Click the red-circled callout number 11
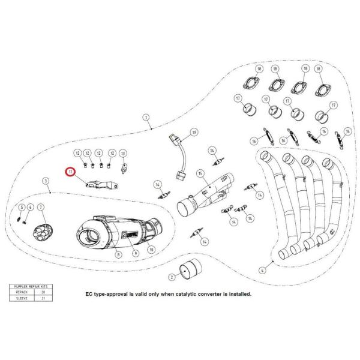click(70, 173)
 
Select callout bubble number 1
click(145, 118)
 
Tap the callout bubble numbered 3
click(45, 181)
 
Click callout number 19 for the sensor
click(194, 131)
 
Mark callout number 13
click(123, 154)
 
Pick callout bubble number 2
click(172, 277)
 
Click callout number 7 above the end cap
click(41, 208)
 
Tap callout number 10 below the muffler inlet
click(151, 249)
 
